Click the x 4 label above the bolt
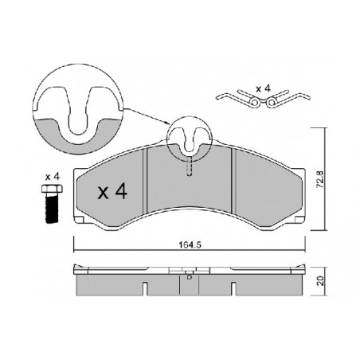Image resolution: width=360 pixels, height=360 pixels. coord(53,177)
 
